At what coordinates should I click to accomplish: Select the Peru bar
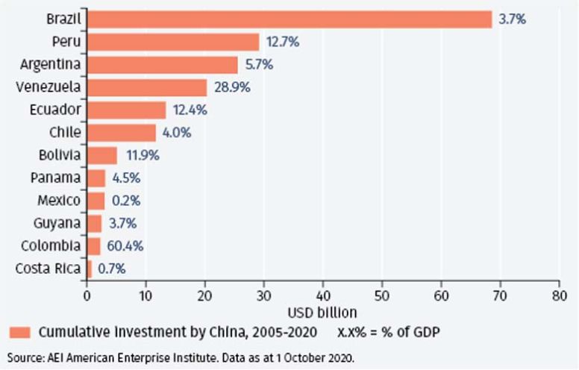pos(173,43)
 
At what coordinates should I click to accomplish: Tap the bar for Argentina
pos(163,65)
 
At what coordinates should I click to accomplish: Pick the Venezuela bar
pos(147,87)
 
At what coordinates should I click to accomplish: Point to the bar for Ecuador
pos(126,110)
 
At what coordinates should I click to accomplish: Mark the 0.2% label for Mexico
pos(125,201)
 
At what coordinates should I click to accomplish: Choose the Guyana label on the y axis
pos(58,224)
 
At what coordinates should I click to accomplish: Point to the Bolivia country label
pos(59,155)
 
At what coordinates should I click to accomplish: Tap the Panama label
pos(57,178)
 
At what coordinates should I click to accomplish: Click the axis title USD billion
pos(322,312)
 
